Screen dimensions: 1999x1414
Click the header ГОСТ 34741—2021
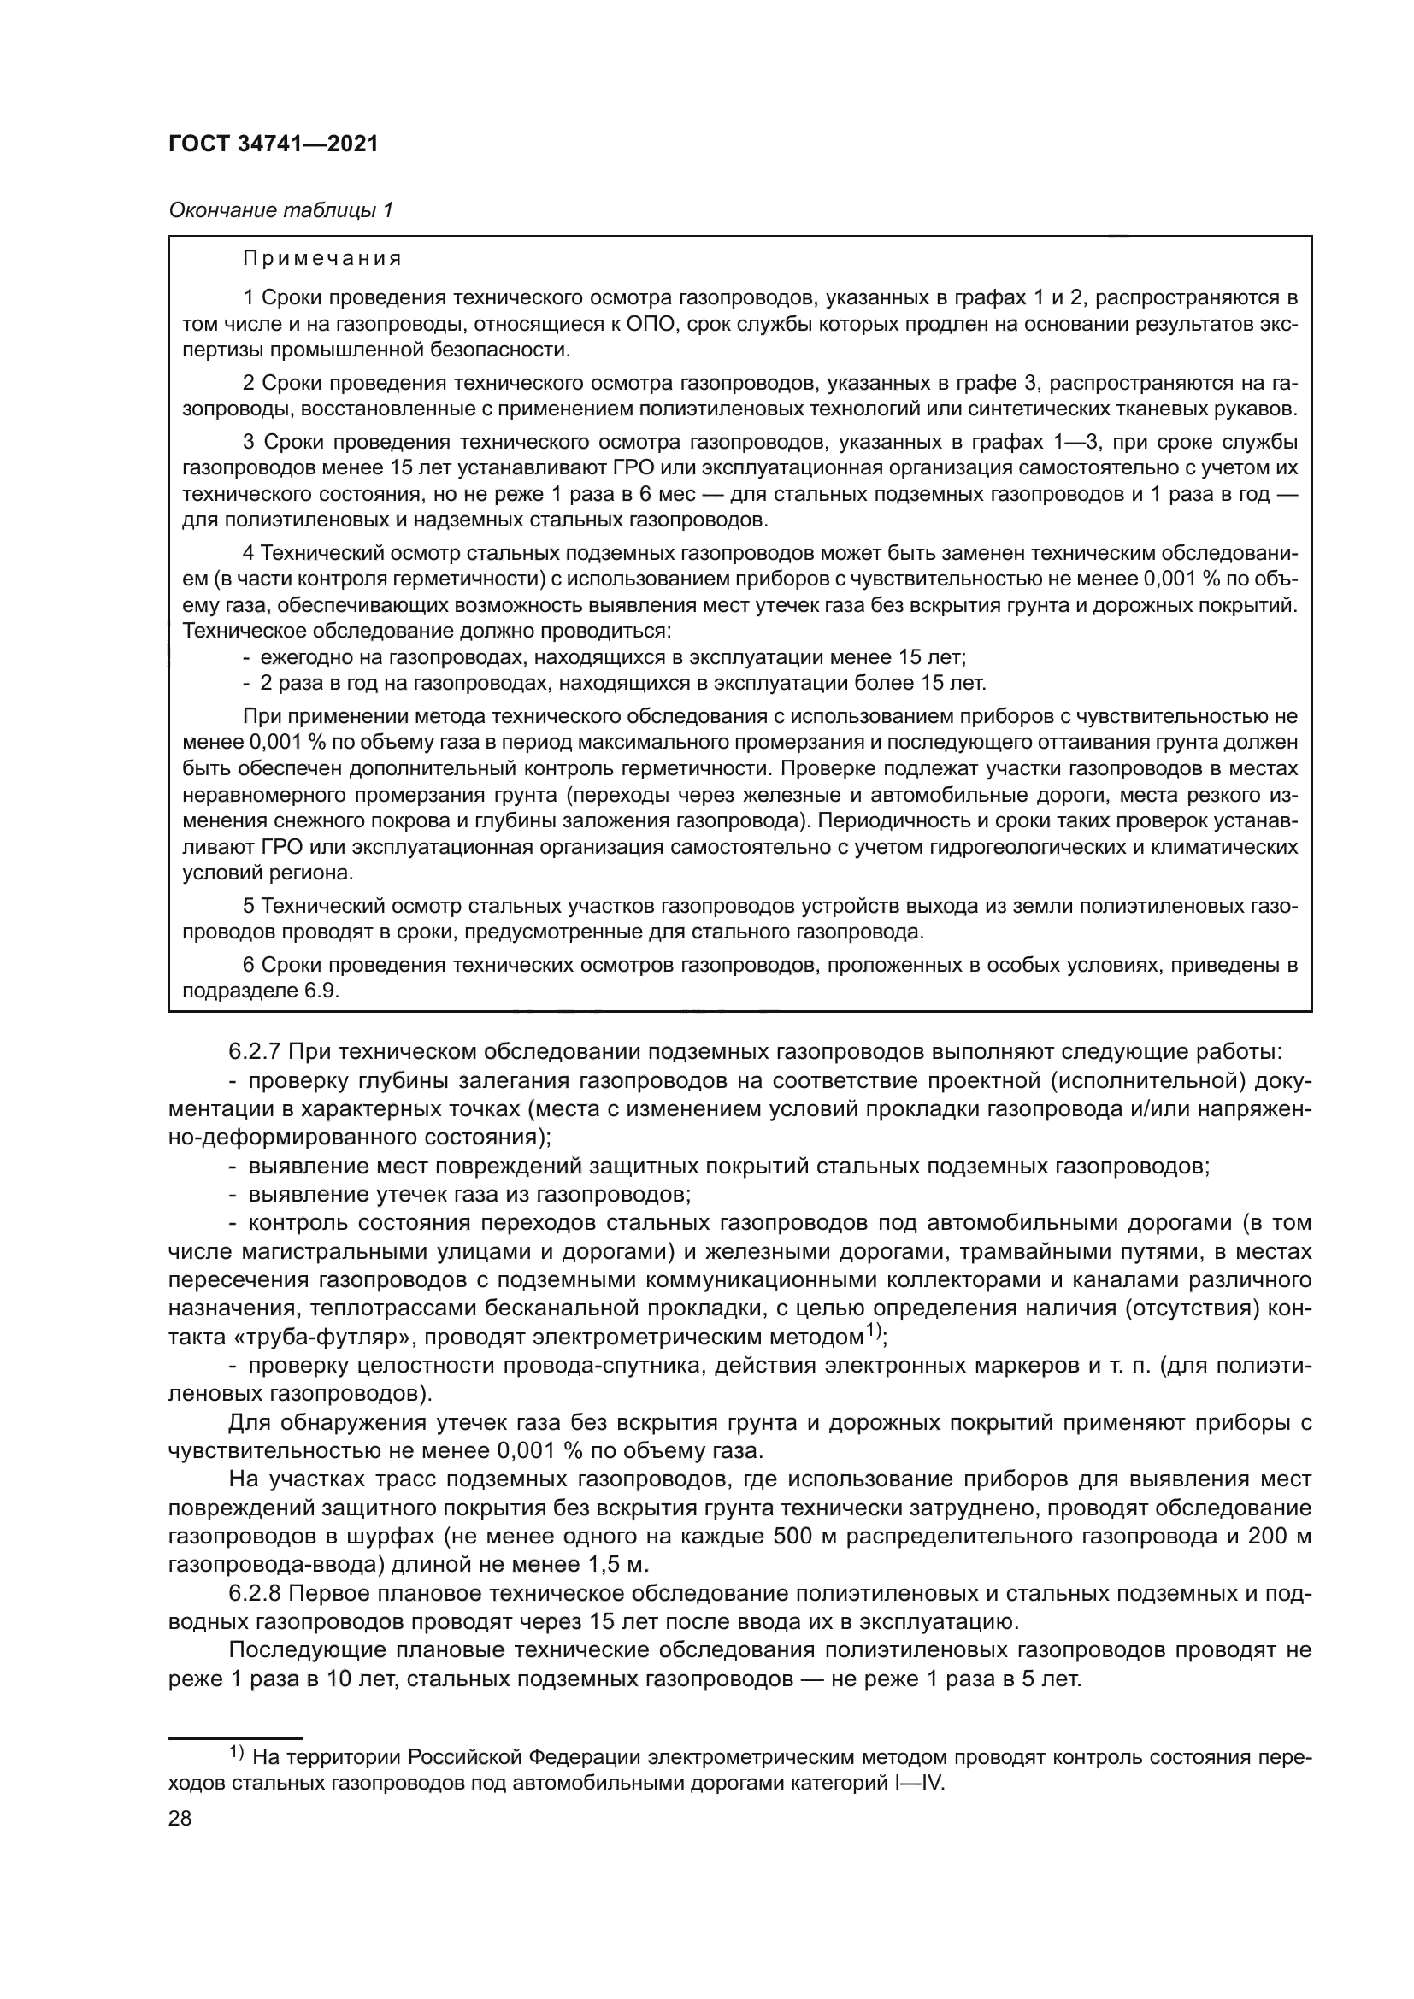click(274, 144)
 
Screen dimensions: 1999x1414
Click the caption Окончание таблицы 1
click(280, 210)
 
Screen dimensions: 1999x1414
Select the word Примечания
click(322, 259)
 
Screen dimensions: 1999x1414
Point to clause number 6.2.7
click(254, 1052)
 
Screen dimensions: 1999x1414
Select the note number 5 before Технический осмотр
click(248, 906)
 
